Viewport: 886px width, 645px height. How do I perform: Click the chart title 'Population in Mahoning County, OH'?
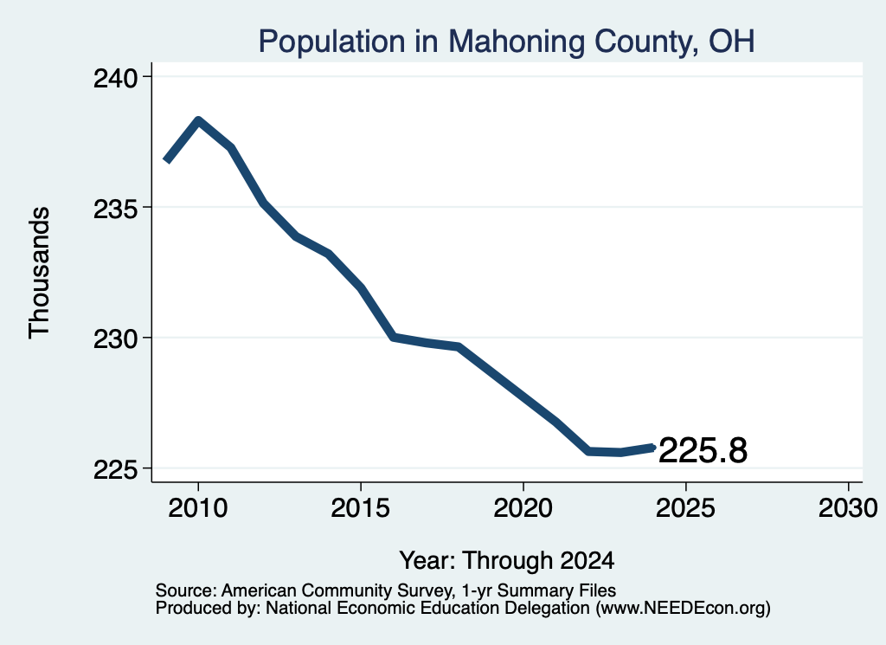click(x=506, y=42)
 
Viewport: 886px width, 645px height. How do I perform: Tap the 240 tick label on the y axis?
click(x=116, y=78)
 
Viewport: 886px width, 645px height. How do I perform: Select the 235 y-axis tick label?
click(x=116, y=210)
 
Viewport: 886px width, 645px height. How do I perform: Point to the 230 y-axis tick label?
click(x=116, y=339)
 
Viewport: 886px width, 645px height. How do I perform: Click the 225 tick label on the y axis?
click(x=116, y=470)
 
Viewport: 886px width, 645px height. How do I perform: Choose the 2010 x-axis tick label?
click(x=198, y=507)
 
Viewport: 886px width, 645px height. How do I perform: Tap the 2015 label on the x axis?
click(x=361, y=507)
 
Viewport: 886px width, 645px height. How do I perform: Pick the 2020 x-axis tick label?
click(x=523, y=507)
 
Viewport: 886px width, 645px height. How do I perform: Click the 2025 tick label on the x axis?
click(x=685, y=507)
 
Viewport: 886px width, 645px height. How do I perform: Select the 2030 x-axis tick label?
click(x=848, y=507)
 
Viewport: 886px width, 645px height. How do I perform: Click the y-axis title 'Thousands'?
click(x=40, y=273)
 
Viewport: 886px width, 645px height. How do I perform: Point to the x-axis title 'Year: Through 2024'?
click(x=507, y=561)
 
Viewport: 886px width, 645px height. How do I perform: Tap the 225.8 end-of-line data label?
click(x=703, y=450)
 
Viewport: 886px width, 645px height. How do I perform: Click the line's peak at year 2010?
click(x=198, y=119)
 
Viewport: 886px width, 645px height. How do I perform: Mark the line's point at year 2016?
click(x=394, y=337)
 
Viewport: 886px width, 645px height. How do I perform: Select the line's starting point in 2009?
click(x=167, y=160)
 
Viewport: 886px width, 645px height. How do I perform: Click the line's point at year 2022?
click(x=588, y=451)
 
